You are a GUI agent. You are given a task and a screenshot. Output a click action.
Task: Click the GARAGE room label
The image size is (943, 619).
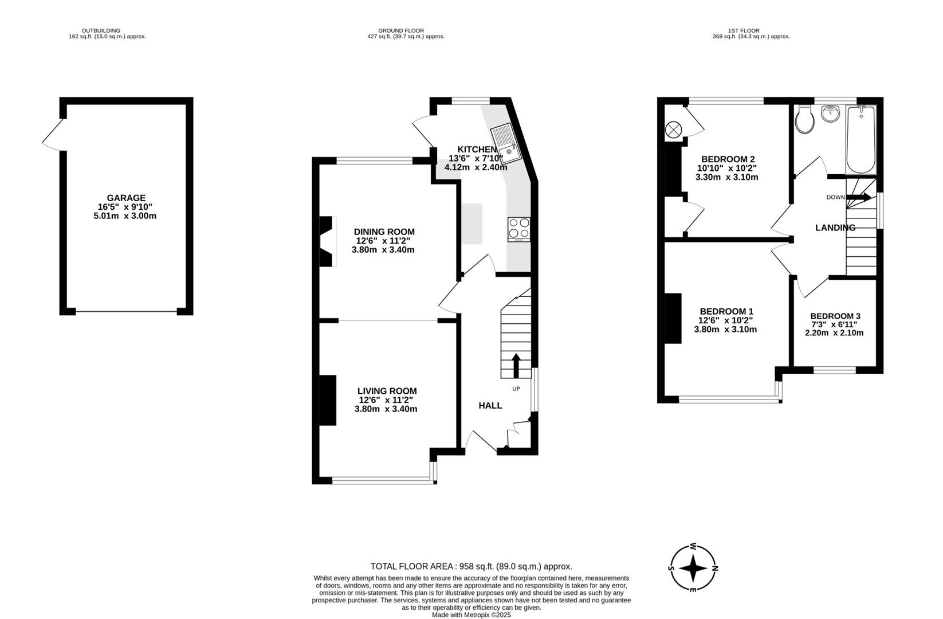[126, 198]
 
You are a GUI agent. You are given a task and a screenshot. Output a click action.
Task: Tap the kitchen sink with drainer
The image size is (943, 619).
[506, 143]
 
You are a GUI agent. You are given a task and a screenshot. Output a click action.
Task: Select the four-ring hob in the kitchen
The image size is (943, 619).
[519, 229]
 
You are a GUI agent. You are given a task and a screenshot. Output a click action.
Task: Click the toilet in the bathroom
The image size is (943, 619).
[805, 119]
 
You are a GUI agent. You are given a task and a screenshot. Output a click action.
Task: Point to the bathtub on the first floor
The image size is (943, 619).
[861, 139]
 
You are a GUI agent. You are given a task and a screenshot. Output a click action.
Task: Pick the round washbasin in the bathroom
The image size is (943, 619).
[830, 113]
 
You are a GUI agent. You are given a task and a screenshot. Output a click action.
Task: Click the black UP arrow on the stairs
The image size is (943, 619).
[516, 365]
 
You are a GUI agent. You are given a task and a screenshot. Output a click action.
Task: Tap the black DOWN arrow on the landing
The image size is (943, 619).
[858, 197]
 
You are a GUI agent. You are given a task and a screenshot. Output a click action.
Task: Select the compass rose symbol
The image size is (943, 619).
[693, 567]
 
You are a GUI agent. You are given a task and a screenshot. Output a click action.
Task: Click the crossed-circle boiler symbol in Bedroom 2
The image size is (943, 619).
[673, 130]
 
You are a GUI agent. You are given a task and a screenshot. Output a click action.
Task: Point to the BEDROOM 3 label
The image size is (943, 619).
[835, 316]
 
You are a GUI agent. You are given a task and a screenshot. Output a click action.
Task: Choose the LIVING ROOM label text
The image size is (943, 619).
[387, 391]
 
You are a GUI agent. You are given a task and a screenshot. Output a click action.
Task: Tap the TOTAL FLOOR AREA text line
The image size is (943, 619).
[471, 566]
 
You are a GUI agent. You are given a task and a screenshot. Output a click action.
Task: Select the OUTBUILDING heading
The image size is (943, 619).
[101, 31]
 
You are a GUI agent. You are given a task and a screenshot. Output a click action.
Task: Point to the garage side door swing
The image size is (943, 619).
[53, 135]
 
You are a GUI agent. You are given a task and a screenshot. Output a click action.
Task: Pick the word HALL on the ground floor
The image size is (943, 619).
[490, 406]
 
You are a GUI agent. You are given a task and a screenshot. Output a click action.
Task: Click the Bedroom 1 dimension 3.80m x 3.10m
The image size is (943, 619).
[725, 330]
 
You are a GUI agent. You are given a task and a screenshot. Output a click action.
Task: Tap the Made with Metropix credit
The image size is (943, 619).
[471, 615]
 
